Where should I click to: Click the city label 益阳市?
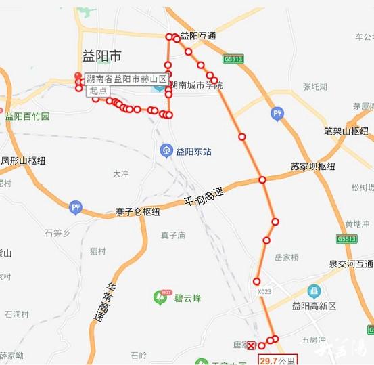click(99, 56)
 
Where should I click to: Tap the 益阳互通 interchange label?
click(197, 36)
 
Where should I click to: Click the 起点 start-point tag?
click(97, 91)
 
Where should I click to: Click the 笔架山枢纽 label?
click(346, 131)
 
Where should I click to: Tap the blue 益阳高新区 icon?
click(314, 292)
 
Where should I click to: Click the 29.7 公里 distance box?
click(277, 360)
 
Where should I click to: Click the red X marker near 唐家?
click(252, 345)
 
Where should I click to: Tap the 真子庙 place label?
click(173, 235)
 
